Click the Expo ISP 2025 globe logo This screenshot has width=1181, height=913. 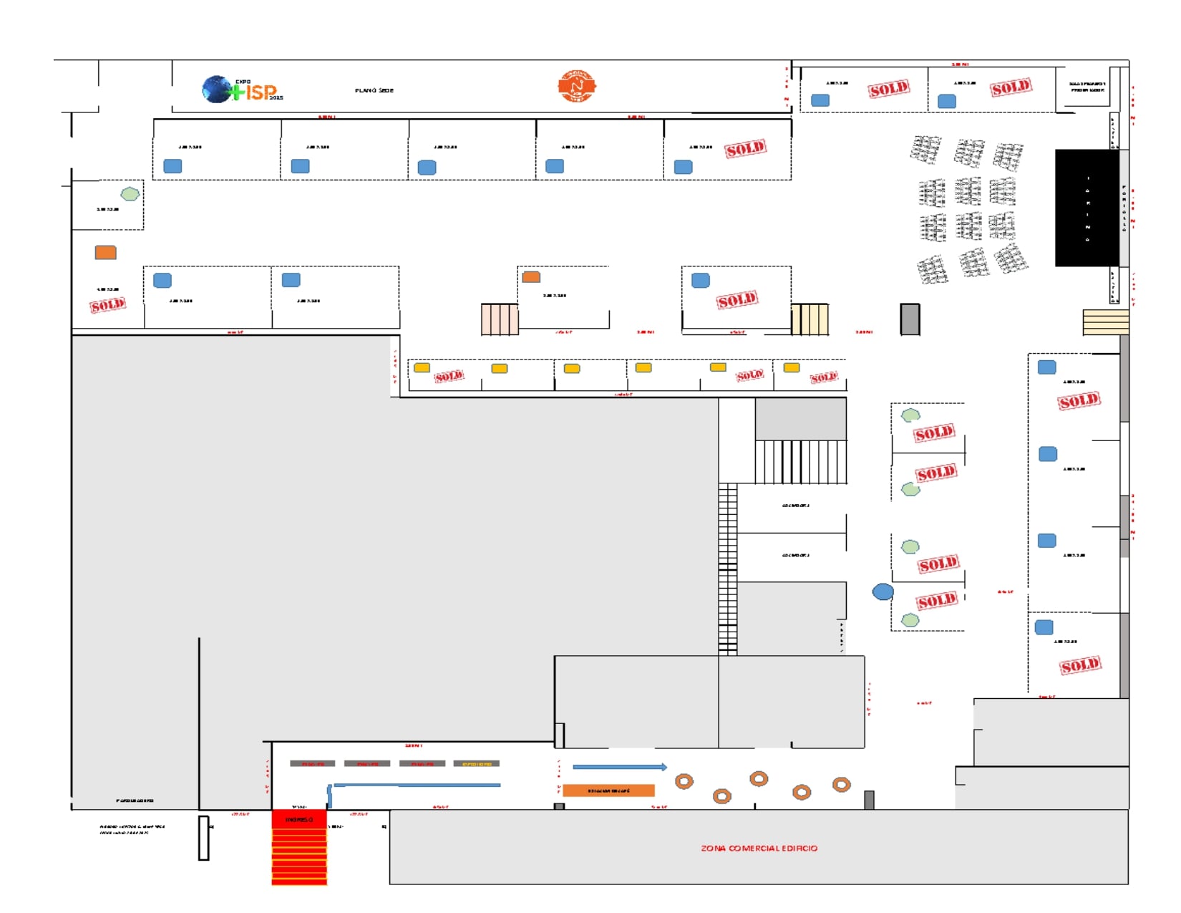[242, 90]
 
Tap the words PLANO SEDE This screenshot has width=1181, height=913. [374, 91]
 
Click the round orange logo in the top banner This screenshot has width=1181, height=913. [577, 87]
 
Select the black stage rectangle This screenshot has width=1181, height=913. [1087, 208]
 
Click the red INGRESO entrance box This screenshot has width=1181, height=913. [299, 819]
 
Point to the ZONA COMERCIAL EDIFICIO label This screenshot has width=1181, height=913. [759, 849]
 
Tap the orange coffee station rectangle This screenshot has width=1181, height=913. [608, 791]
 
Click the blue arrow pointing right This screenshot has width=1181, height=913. [620, 768]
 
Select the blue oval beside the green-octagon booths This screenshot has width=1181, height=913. [883, 591]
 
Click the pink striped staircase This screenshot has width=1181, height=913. [500, 319]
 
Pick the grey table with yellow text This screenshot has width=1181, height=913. [477, 764]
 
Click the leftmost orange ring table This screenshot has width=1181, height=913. [684, 781]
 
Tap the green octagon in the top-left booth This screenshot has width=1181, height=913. [130, 194]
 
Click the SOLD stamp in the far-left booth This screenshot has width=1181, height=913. [107, 306]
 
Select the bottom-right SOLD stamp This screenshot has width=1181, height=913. [1080, 666]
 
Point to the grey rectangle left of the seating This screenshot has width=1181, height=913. [910, 319]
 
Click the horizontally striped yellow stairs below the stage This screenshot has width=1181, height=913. [1105, 322]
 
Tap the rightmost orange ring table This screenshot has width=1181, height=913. [842, 785]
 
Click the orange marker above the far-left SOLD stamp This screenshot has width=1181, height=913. [106, 252]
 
